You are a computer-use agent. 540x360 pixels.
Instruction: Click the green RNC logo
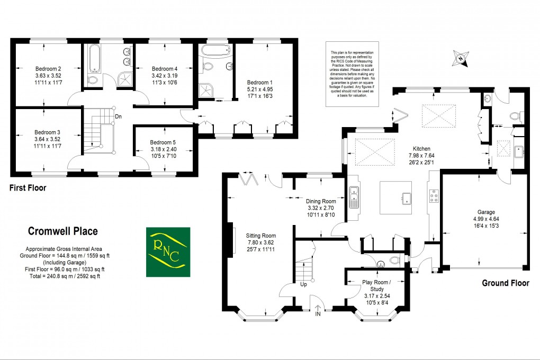[168, 252]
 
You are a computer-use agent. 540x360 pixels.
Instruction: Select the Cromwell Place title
[62, 231]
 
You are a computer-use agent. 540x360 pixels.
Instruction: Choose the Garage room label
[481, 211]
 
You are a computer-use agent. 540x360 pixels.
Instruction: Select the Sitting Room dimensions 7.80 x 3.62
[260, 242]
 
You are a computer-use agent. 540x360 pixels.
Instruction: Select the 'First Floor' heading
[28, 187]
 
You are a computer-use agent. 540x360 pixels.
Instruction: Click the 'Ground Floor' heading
[505, 283]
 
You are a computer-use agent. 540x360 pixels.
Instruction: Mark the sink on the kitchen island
[407, 199]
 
